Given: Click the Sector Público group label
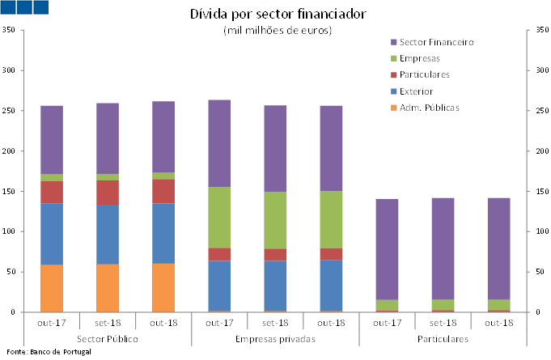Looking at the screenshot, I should click(108, 337).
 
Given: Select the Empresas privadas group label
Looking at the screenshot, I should click(275, 337).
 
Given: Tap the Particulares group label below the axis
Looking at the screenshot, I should click(443, 337).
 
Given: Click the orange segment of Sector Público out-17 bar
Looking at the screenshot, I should click(52, 288).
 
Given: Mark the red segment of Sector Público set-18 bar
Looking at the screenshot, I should click(108, 193).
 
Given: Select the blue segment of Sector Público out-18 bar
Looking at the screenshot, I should click(163, 233).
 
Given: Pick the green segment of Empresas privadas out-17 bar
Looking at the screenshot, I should click(219, 217).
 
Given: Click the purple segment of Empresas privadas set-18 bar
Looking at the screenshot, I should click(275, 148).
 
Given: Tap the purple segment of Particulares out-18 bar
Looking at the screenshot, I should click(498, 248).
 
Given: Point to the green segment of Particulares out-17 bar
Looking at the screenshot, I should click(387, 305).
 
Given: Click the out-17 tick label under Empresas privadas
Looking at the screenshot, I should click(219, 322).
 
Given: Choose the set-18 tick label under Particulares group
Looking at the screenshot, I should click(443, 322).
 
